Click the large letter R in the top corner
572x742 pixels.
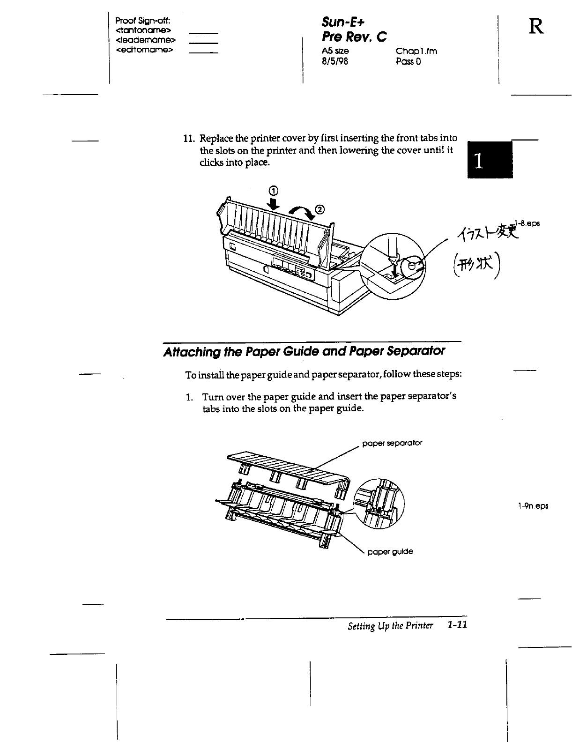(537, 28)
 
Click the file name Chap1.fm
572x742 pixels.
(416, 51)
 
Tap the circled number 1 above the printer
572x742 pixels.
(274, 190)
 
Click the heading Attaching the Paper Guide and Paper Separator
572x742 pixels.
(304, 351)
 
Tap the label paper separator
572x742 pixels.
(392, 443)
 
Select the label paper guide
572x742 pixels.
(390, 551)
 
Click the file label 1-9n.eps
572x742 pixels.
(533, 506)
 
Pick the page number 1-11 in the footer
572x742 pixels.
(457, 625)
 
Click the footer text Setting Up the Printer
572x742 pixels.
(390, 626)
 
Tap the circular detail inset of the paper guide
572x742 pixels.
(379, 503)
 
